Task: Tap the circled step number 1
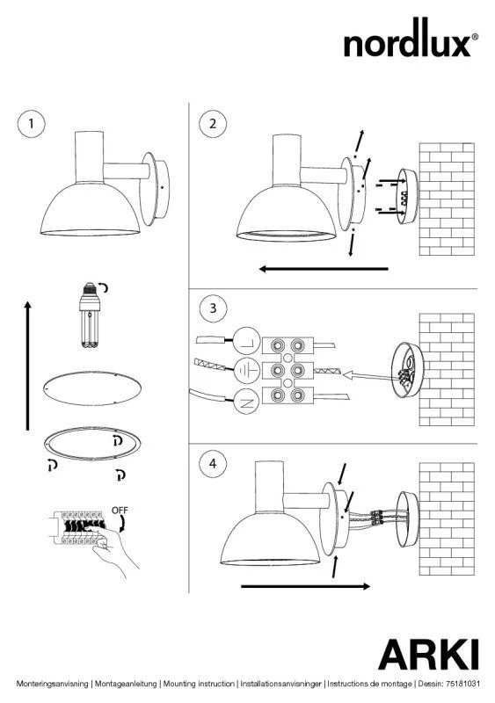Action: coord(32,123)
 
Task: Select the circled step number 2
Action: coord(213,123)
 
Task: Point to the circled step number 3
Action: coord(213,308)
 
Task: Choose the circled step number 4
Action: coord(213,463)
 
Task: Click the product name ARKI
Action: coord(428,654)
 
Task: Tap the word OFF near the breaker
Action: coord(120,511)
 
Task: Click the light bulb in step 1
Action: coord(91,315)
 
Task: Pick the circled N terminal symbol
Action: coord(247,401)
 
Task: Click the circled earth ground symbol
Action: coord(247,370)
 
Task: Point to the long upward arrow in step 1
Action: coord(28,366)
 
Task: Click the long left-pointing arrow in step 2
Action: coord(324,269)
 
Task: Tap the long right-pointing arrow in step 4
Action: coord(306,586)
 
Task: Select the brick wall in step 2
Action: coord(447,199)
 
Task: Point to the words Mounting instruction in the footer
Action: coord(199,684)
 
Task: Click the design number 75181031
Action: coord(462,684)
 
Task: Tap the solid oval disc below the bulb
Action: coord(92,388)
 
